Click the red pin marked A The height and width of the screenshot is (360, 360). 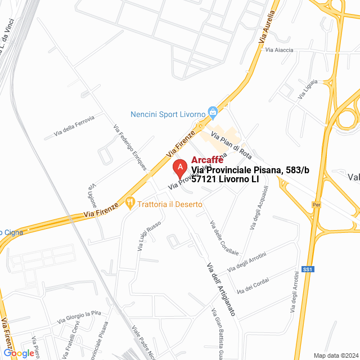point(179,168)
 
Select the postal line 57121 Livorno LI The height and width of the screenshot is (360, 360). point(225,179)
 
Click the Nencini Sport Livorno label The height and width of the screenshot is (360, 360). point(168,114)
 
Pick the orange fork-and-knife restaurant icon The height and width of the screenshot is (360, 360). point(130,202)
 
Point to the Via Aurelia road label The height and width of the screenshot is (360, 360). point(267,26)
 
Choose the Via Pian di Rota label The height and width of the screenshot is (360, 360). point(231,144)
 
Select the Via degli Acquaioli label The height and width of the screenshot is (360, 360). point(259,208)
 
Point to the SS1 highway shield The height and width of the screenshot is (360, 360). point(307,269)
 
